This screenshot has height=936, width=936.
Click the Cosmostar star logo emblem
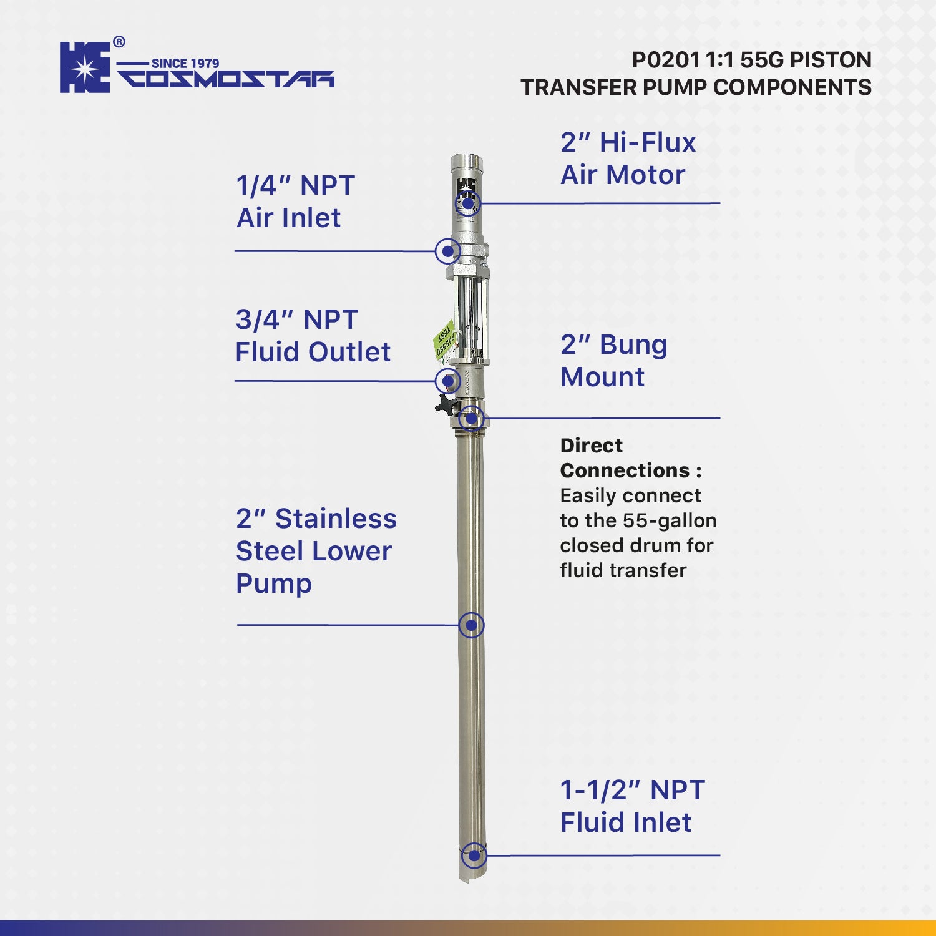coord(85,67)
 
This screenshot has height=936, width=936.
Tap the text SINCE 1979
coord(185,63)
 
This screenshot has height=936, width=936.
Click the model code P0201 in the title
coord(666,60)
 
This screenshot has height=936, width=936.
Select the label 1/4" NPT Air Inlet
coord(295,202)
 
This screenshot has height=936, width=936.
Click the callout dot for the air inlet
coord(447,251)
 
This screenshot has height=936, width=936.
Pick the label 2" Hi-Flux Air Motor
coord(628,158)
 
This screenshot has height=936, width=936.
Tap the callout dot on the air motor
coord(467,203)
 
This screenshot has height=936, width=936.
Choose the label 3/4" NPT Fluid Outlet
coord(313,336)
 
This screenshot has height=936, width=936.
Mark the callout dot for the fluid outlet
coord(447,381)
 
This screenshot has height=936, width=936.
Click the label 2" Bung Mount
coord(613,361)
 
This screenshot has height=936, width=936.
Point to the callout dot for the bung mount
coord(471,418)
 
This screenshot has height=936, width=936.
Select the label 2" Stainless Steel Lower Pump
coord(316,551)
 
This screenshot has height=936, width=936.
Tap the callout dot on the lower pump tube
coord(471,625)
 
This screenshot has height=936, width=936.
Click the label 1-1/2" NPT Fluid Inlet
coord(632,806)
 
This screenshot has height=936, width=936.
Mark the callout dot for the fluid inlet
coord(474,856)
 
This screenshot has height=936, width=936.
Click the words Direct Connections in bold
coord(630,457)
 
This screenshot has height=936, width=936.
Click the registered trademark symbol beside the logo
coord(119,42)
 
